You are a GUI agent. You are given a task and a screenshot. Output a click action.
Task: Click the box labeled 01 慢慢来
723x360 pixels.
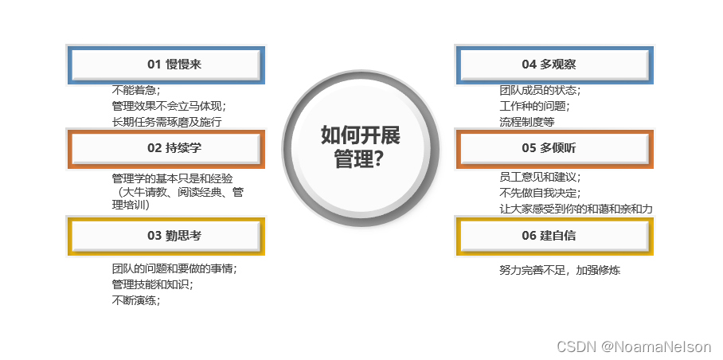(165, 65)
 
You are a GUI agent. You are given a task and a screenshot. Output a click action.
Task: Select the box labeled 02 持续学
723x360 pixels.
(165, 147)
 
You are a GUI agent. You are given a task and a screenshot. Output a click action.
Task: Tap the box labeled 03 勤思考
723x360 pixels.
(165, 236)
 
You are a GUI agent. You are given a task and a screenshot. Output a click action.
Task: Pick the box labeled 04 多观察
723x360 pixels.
(554, 65)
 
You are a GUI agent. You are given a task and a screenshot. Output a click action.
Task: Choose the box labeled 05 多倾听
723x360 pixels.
(554, 147)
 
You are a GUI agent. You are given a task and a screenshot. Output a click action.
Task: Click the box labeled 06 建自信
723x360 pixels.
(554, 236)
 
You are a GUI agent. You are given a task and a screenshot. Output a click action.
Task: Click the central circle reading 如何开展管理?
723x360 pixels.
(361, 147)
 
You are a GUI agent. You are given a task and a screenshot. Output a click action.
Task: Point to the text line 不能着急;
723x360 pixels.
(136, 89)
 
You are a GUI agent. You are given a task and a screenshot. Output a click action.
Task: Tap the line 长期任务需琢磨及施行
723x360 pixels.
(166, 122)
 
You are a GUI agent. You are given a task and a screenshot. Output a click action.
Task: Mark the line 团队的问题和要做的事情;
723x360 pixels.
(174, 268)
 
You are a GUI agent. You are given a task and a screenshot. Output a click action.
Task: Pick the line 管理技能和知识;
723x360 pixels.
(152, 284)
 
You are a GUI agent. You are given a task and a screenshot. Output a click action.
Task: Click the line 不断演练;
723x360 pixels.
(136, 300)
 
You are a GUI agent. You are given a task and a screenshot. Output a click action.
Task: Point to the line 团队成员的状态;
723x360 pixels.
(540, 89)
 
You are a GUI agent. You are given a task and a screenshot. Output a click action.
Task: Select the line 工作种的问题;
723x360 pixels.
(534, 105)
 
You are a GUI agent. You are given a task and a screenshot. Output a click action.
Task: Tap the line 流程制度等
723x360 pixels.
(526, 122)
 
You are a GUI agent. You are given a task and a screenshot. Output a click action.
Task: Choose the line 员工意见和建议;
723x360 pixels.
(540, 177)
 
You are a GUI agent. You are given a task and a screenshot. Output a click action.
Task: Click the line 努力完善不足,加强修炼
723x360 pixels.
(560, 270)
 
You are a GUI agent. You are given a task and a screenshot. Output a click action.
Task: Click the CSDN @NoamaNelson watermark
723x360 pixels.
(634, 346)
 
